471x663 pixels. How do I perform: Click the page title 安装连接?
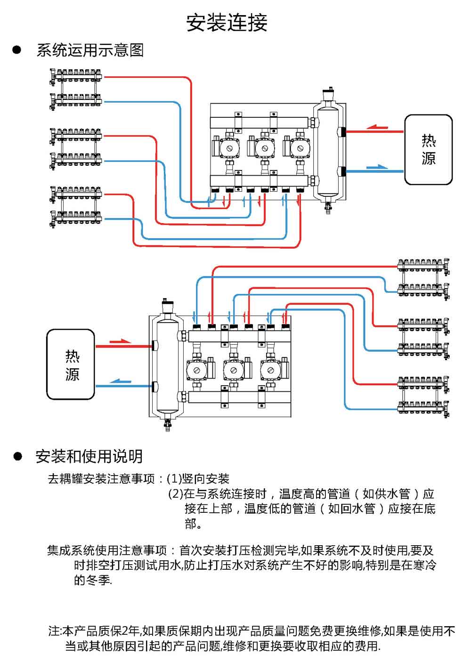pos(227,22)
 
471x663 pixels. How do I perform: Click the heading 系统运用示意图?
pos(90,50)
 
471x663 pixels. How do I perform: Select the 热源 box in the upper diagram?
pos(428,149)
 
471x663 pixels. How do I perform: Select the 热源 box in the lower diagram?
pos(71,364)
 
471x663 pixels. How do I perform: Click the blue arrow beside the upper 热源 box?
pos(377,167)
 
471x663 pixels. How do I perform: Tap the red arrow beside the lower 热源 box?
pos(120,341)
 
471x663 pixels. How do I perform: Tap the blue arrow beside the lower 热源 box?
pos(121,381)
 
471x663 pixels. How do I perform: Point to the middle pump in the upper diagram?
pos(263,148)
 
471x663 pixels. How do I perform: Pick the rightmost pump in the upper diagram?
pos(298,148)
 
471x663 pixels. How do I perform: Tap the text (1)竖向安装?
pos(198,479)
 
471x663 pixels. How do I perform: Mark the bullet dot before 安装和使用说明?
pos(18,456)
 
